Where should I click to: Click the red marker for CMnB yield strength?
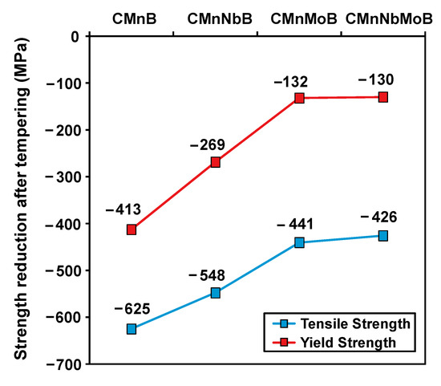[131, 230]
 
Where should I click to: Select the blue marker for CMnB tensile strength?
[131, 329]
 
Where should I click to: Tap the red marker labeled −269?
[216, 162]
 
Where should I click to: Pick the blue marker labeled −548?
[216, 293]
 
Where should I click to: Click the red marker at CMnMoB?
[299, 98]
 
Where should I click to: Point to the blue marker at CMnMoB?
[299, 242]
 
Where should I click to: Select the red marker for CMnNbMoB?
[383, 97]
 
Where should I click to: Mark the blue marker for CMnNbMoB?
[383, 236]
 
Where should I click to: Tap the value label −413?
[123, 210]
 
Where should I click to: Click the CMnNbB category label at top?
[216, 17]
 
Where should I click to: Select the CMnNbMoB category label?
[383, 17]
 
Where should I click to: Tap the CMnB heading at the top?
[131, 17]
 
